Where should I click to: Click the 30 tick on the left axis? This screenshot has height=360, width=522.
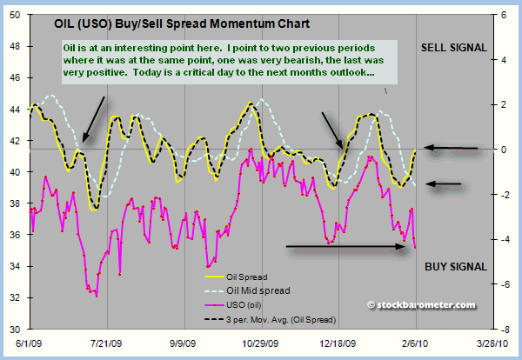tap(17, 329)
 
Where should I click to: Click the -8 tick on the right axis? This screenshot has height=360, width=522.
tap(503, 329)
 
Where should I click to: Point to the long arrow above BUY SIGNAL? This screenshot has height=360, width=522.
tap(346, 247)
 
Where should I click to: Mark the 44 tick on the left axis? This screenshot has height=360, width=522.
tap(17, 110)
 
